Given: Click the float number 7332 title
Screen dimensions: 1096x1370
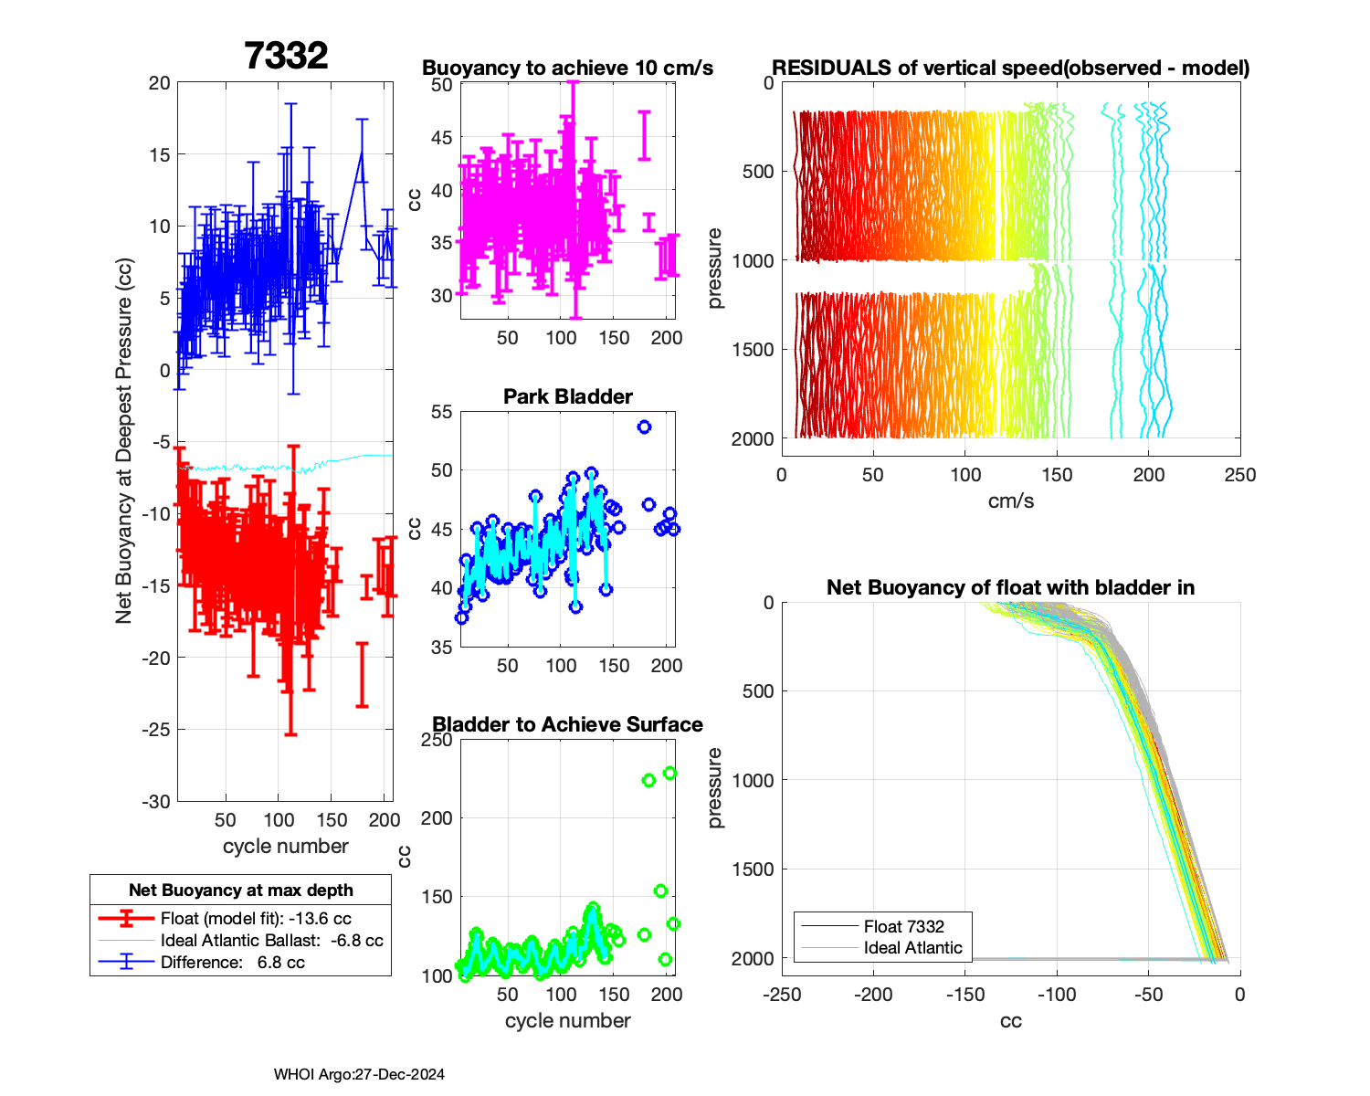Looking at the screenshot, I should pyautogui.click(x=286, y=56).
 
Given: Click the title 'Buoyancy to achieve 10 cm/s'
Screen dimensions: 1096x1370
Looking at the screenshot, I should pyautogui.click(x=567, y=68).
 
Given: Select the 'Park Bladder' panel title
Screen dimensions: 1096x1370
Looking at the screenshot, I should pyautogui.click(x=567, y=396).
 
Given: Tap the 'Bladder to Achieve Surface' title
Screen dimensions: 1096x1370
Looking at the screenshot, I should pyautogui.click(x=567, y=724).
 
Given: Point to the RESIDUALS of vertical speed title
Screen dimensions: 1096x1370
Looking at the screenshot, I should pyautogui.click(x=1010, y=68).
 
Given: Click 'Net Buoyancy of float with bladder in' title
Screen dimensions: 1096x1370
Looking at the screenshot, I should pyautogui.click(x=1010, y=587).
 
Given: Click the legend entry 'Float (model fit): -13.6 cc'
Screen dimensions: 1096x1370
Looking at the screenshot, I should pyautogui.click(x=256, y=919).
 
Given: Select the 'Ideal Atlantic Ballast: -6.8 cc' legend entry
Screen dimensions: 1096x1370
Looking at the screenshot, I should pyautogui.click(x=271, y=941).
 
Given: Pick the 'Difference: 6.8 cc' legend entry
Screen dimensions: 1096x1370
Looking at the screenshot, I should pyautogui.click(x=232, y=963).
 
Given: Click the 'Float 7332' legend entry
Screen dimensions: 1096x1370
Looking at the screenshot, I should pyautogui.click(x=903, y=926).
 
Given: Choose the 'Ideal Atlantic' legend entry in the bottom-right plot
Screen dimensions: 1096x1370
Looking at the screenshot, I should pyautogui.click(x=912, y=948).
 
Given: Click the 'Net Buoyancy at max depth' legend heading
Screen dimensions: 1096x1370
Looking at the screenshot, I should pyautogui.click(x=241, y=890).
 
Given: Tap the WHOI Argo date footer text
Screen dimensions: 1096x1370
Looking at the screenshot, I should pyautogui.click(x=359, y=1074).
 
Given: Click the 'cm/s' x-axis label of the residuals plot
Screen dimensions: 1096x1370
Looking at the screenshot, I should pyautogui.click(x=1010, y=501).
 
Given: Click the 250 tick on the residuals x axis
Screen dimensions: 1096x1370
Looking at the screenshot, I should pyautogui.click(x=1239, y=474).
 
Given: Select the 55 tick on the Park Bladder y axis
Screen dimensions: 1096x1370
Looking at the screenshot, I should pyautogui.click(x=441, y=412).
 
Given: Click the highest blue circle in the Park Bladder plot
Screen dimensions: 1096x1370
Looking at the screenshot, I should pyautogui.click(x=644, y=427).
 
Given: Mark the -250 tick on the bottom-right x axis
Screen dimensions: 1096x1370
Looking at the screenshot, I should pyautogui.click(x=782, y=994).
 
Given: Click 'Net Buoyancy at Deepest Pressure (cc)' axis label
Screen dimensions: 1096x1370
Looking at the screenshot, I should pyautogui.click(x=124, y=441).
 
